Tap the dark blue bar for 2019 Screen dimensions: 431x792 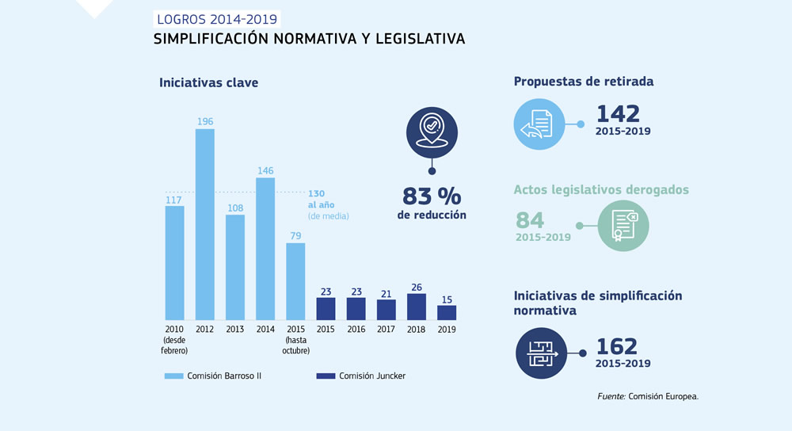click(x=447, y=312)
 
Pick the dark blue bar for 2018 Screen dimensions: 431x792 click(x=417, y=307)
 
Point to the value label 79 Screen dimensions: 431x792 click(x=295, y=235)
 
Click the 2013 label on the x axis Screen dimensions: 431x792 click(x=234, y=329)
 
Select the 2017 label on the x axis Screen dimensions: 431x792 click(x=386, y=329)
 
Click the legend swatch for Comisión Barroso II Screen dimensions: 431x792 click(x=173, y=376)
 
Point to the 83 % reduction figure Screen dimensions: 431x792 click(x=432, y=196)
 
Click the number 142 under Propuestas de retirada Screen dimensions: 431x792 click(x=618, y=113)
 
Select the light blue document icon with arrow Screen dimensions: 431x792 click(x=539, y=124)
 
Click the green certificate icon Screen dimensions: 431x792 click(x=623, y=226)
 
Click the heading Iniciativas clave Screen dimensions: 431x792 click(x=208, y=82)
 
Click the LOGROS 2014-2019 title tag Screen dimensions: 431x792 click(x=216, y=19)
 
